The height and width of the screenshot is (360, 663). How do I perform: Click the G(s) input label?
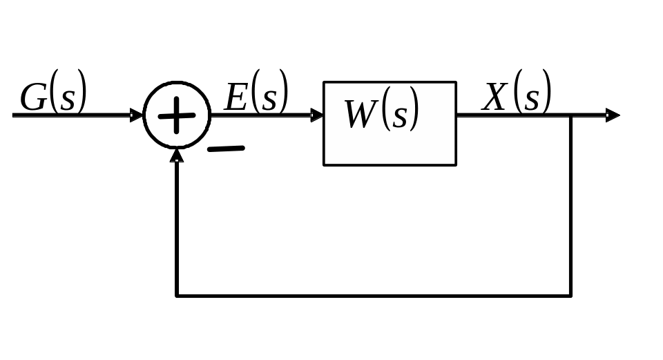pyautogui.click(x=53, y=97)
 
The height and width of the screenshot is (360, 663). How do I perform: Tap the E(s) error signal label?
pyautogui.click(x=256, y=96)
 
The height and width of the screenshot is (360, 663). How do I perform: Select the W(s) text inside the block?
pyautogui.click(x=382, y=114)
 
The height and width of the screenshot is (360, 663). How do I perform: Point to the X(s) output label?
pyautogui.click(x=517, y=96)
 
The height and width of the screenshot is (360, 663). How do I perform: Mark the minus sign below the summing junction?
pyautogui.click(x=226, y=149)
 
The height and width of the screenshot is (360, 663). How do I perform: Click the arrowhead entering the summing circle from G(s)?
pyautogui.click(x=137, y=115)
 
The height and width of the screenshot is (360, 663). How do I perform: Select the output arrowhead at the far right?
pyautogui.click(x=613, y=115)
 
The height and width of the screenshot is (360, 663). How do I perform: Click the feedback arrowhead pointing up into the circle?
pyautogui.click(x=177, y=155)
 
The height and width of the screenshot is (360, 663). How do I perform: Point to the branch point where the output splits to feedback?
pyautogui.click(x=571, y=115)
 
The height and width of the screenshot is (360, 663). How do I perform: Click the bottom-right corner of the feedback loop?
pyautogui.click(x=571, y=296)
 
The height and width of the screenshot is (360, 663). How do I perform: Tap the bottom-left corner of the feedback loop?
pyautogui.click(x=177, y=296)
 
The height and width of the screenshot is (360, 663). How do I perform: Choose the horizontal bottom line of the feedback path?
pyautogui.click(x=373, y=296)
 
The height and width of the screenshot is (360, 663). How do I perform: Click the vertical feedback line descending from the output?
pyautogui.click(x=571, y=207)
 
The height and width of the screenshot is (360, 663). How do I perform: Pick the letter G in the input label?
pyautogui.click(x=32, y=98)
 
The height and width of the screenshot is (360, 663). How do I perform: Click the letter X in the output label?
pyautogui.click(x=495, y=97)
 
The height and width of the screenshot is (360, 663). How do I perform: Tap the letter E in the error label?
pyautogui.click(x=236, y=97)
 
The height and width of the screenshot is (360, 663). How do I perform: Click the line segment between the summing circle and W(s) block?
pyautogui.click(x=266, y=115)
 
